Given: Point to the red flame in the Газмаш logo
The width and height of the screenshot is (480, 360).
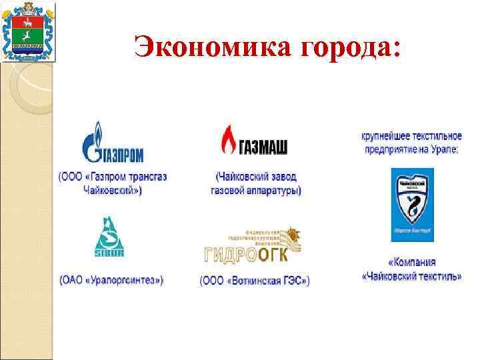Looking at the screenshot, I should pos(229,139).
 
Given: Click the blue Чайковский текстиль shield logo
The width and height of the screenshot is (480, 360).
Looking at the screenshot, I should pos(412,205).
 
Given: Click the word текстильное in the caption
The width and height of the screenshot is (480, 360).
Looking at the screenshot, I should pos(435,135).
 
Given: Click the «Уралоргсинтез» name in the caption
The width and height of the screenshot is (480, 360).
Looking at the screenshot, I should pos(123,279).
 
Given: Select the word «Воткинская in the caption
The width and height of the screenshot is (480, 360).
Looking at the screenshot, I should pos(257,280).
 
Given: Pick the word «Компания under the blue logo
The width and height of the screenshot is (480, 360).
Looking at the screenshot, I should pos(411,263).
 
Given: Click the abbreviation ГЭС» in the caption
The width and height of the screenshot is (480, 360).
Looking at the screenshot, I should pos(296,280).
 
